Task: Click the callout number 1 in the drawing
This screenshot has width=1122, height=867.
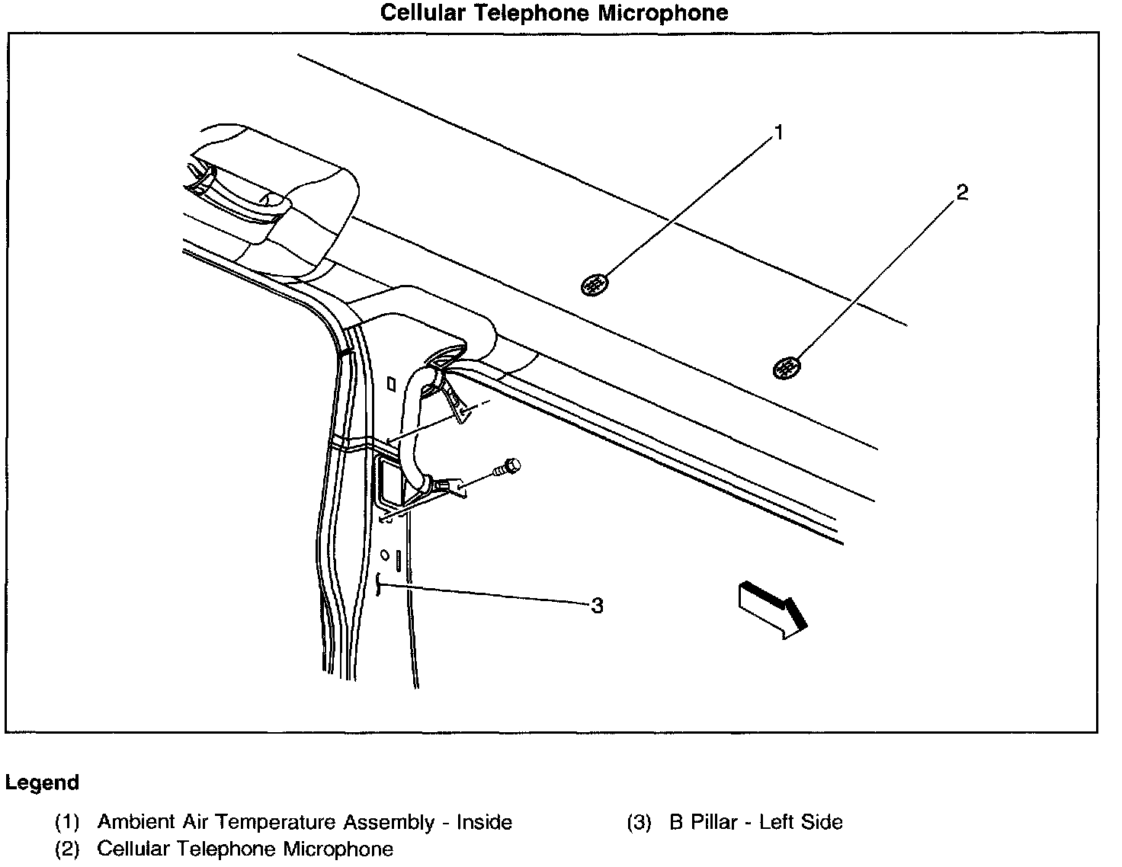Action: click(778, 134)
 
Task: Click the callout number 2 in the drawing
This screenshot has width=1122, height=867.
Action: click(962, 193)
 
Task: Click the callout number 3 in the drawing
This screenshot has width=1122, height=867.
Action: click(597, 606)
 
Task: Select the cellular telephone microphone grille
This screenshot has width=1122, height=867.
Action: click(787, 369)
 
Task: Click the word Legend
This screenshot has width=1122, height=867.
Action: click(42, 782)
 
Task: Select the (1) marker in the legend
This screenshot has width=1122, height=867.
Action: click(67, 823)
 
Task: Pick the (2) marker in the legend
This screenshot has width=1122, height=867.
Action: click(67, 849)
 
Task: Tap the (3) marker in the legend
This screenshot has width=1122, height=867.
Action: click(640, 823)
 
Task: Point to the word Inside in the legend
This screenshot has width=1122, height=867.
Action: click(484, 823)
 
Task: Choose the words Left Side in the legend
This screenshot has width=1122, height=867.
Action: click(800, 823)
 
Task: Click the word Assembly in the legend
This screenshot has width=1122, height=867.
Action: click(388, 823)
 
